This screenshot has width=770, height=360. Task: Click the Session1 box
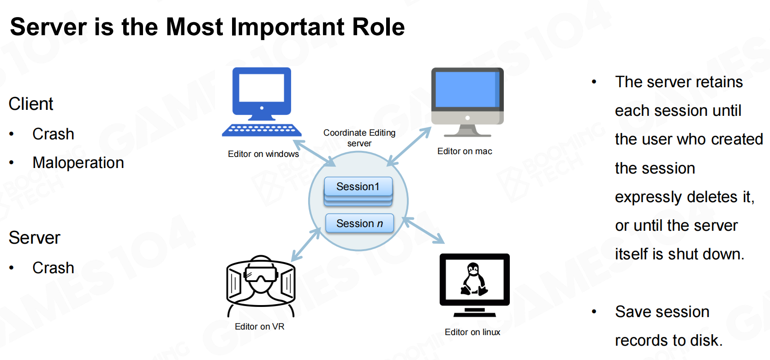pyautogui.click(x=358, y=187)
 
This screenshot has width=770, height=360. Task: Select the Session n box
pyautogui.click(x=359, y=223)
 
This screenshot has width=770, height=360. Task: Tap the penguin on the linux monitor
pyautogui.click(x=474, y=279)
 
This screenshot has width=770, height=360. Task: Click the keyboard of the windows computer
pyautogui.click(x=262, y=130)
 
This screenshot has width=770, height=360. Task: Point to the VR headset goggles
pyautogui.click(x=261, y=274)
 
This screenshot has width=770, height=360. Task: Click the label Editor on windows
pyautogui.click(x=263, y=154)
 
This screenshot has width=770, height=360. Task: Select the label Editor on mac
pyautogui.click(x=465, y=151)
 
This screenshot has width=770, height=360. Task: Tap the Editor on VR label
pyautogui.click(x=260, y=326)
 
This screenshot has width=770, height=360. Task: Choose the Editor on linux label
pyautogui.click(x=472, y=332)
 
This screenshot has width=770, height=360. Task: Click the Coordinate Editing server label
pyautogui.click(x=359, y=138)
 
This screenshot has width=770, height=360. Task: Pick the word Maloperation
pyautogui.click(x=78, y=162)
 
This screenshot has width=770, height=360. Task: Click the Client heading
pyautogui.click(x=31, y=104)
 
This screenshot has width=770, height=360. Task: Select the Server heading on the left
pyautogui.click(x=35, y=238)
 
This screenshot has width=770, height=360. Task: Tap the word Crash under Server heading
pyautogui.click(x=53, y=268)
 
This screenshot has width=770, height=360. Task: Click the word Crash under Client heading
pyautogui.click(x=53, y=134)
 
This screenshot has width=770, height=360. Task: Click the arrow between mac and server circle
pyautogui.click(x=409, y=147)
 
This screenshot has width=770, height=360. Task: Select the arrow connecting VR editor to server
pyautogui.click(x=305, y=245)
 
